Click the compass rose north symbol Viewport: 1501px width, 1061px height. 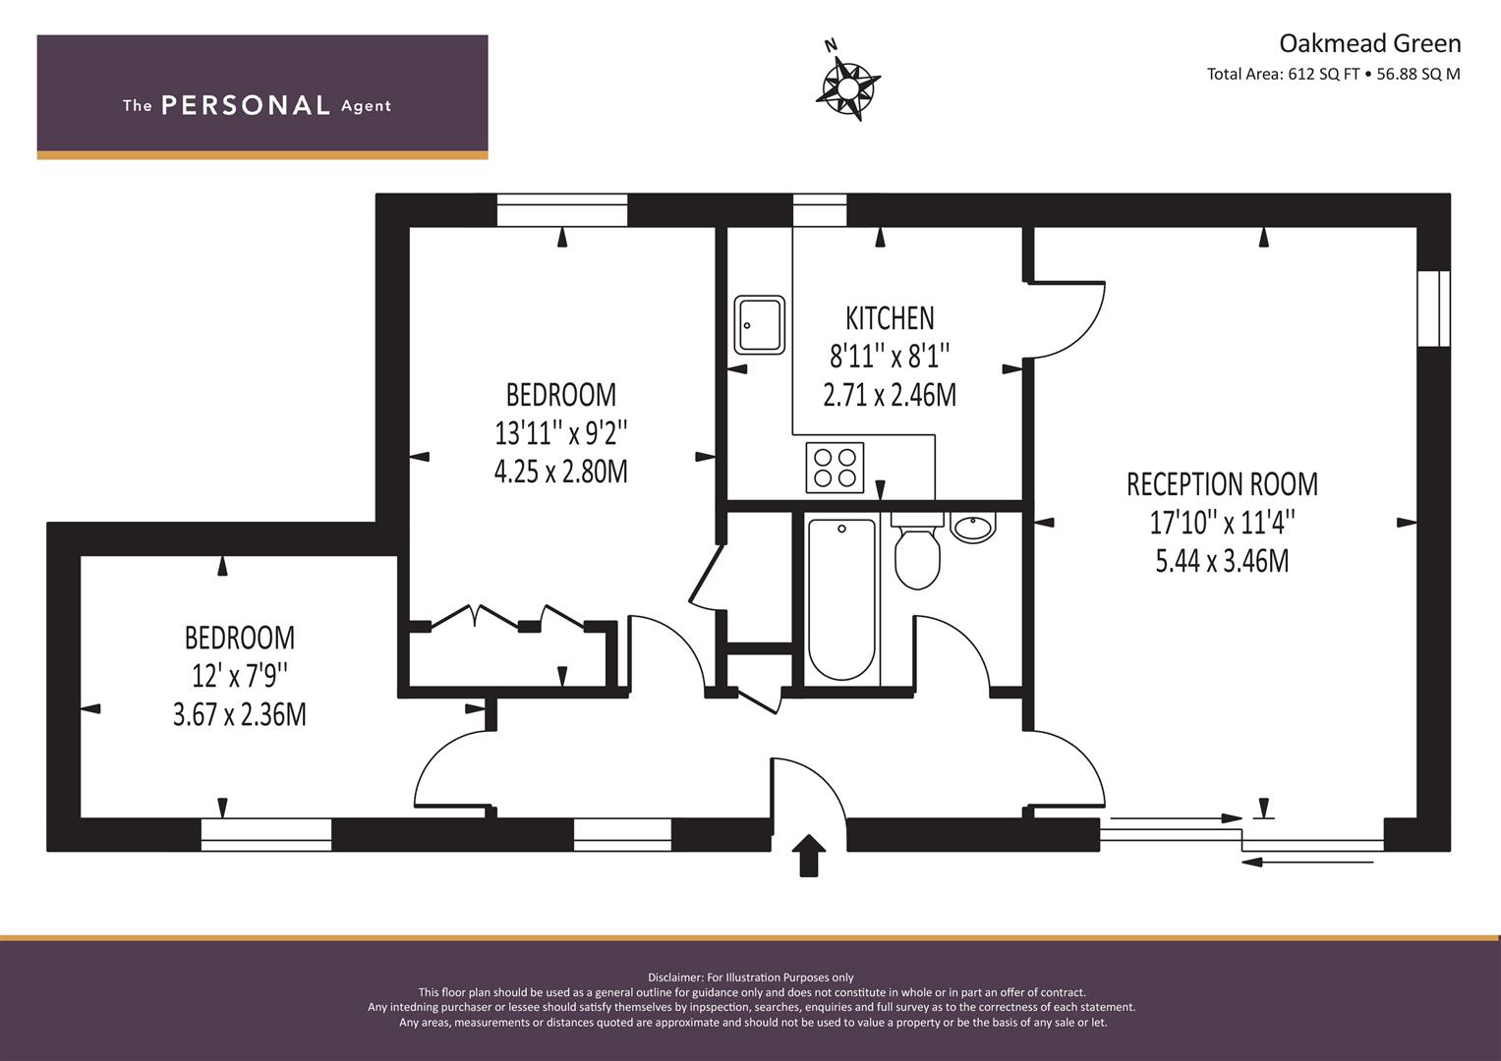click(847, 86)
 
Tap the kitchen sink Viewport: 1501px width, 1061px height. click(759, 325)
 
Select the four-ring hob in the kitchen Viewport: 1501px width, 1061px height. click(835, 468)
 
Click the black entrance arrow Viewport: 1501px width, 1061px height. click(809, 856)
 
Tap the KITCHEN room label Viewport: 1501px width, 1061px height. click(890, 318)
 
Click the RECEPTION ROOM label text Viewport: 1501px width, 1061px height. click(1222, 484)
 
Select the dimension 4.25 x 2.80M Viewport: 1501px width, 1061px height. click(561, 472)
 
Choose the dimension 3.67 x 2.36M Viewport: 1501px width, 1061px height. click(239, 715)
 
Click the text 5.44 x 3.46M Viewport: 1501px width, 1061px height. click(1222, 561)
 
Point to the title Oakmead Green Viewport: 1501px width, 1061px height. click(1370, 43)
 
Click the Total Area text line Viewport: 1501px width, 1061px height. click(1334, 75)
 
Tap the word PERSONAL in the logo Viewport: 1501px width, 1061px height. click(246, 105)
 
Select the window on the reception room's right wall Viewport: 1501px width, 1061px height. click(1434, 308)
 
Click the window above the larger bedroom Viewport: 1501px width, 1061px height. click(562, 210)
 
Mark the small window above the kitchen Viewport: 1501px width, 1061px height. click(820, 210)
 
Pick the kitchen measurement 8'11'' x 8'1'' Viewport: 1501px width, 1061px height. click(890, 357)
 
